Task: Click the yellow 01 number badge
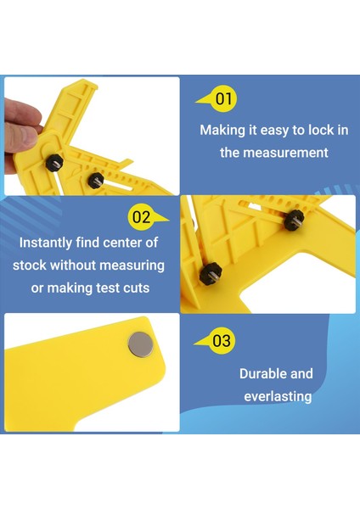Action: [222, 99]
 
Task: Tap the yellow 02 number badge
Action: [141, 217]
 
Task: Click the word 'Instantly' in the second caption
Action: [48, 242]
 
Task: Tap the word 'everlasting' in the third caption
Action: [278, 396]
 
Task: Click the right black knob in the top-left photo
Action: [96, 179]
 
